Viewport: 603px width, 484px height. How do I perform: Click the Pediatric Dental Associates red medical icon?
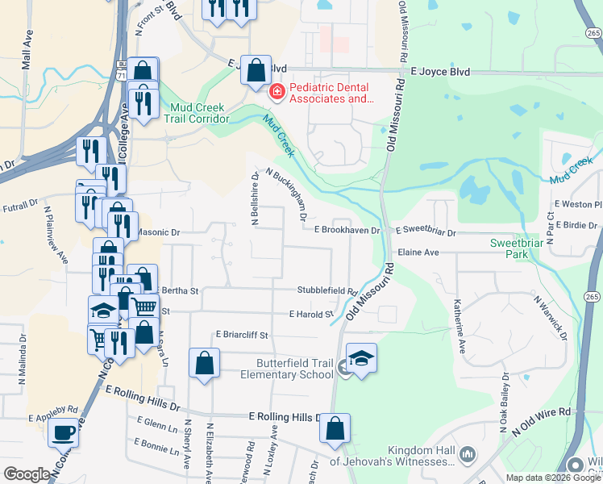(x=277, y=94)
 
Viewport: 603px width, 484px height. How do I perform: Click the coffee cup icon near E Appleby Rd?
(x=63, y=432)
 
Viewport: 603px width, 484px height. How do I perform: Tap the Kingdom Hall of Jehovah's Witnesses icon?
(x=467, y=457)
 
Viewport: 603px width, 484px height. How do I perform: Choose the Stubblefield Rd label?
(x=326, y=290)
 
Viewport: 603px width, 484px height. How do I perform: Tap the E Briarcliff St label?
(x=241, y=334)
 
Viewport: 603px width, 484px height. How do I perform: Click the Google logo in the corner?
(x=27, y=474)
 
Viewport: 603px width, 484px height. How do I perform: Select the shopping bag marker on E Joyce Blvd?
(x=256, y=70)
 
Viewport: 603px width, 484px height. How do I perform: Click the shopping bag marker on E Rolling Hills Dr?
(x=335, y=429)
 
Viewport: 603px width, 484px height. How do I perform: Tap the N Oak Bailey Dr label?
(x=503, y=403)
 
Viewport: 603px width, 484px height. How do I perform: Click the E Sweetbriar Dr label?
(x=425, y=232)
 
